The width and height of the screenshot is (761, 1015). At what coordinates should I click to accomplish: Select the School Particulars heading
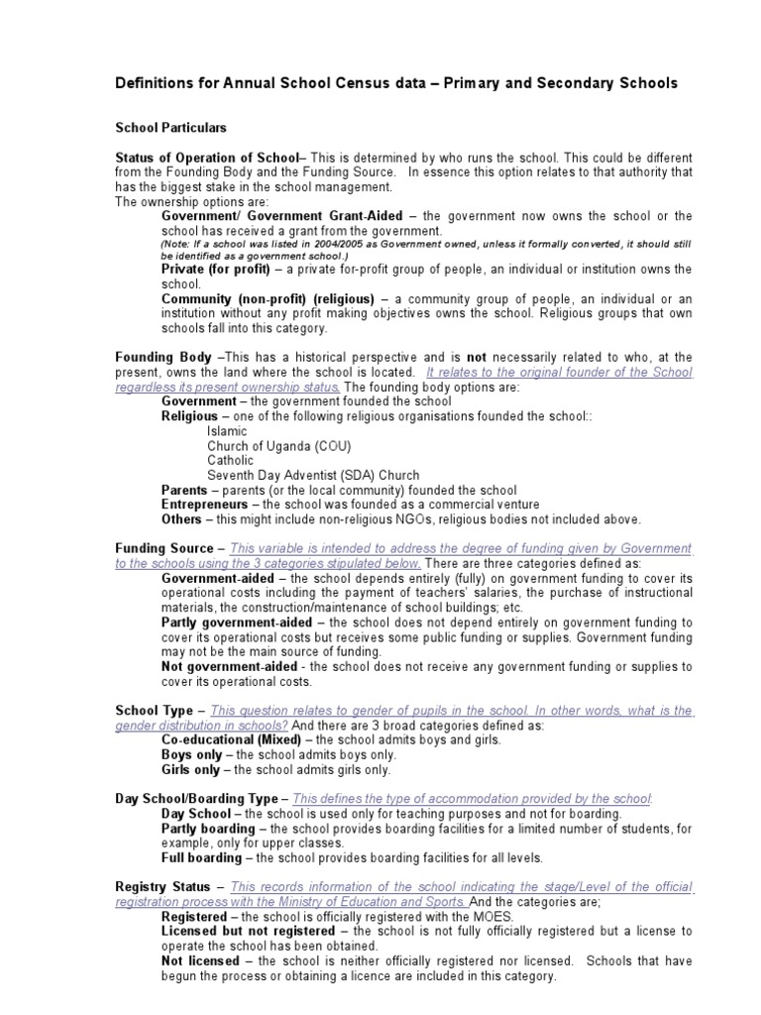tap(171, 128)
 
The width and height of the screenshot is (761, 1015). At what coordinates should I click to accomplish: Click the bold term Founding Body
tap(163, 357)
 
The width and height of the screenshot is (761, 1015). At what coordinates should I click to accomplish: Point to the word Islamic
tap(228, 431)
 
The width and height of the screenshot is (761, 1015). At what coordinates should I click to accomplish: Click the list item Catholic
tap(231, 460)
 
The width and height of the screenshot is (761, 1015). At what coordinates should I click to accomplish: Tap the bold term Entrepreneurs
tap(204, 505)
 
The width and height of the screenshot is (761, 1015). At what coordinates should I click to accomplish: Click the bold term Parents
tap(185, 490)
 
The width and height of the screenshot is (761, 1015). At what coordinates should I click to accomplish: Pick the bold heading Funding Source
tap(163, 548)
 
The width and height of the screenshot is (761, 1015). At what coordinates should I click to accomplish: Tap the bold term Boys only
tap(190, 754)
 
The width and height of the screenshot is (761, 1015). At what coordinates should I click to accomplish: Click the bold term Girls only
tap(190, 769)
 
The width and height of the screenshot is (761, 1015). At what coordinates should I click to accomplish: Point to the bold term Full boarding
tap(200, 857)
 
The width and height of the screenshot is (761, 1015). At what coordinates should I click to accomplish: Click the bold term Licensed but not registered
tap(247, 932)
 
